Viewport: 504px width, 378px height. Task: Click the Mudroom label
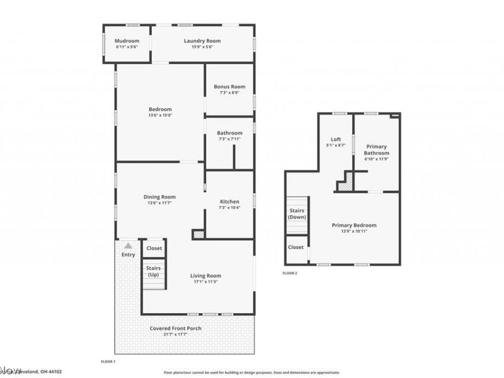pyautogui.click(x=127, y=41)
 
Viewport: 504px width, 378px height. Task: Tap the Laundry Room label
pyautogui.click(x=202, y=41)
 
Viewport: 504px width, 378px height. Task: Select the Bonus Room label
pyautogui.click(x=229, y=86)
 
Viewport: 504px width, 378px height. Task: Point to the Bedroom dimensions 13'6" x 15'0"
pyautogui.click(x=160, y=115)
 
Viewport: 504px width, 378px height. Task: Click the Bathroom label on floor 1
pyautogui.click(x=229, y=133)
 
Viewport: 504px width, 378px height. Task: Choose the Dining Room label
pyautogui.click(x=160, y=197)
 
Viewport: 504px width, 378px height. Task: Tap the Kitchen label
pyautogui.click(x=229, y=202)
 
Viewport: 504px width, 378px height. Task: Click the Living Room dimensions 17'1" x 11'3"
pyautogui.click(x=205, y=282)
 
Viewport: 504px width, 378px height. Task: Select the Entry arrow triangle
pyautogui.click(x=128, y=246)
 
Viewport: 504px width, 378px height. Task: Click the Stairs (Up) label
pyautogui.click(x=154, y=272)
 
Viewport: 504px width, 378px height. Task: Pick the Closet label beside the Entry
pyautogui.click(x=154, y=248)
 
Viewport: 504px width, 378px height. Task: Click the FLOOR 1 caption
pyautogui.click(x=108, y=362)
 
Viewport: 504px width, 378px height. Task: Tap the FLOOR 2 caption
pyautogui.click(x=290, y=273)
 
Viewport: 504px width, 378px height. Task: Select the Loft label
pyautogui.click(x=336, y=139)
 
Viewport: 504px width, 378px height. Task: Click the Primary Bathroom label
pyautogui.click(x=377, y=149)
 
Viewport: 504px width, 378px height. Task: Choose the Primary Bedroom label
pyautogui.click(x=354, y=225)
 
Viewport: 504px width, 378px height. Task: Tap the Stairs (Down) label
pyautogui.click(x=296, y=214)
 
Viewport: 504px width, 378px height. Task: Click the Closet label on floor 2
pyautogui.click(x=295, y=248)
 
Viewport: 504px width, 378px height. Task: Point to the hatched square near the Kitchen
pyautogui.click(x=198, y=234)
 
